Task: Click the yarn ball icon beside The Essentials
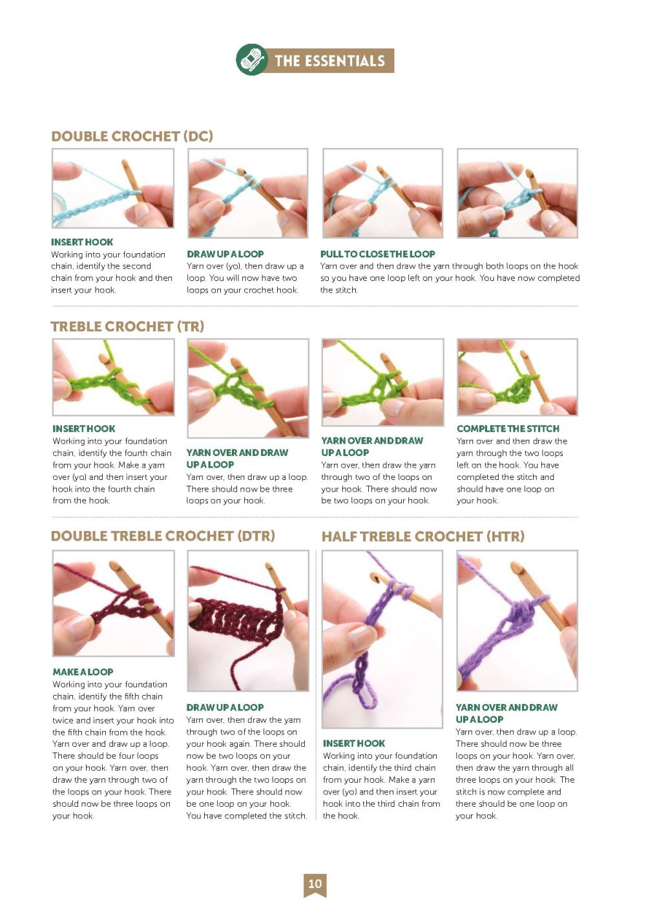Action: (x=251, y=60)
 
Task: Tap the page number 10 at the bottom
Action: (x=315, y=884)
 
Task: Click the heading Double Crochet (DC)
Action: (x=132, y=136)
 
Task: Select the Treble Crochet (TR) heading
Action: (x=127, y=326)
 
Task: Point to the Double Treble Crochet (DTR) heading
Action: (x=163, y=535)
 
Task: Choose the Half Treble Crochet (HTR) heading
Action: (x=422, y=536)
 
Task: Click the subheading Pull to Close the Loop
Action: (x=377, y=254)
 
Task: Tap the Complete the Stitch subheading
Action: (x=508, y=428)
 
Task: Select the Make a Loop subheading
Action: (x=83, y=672)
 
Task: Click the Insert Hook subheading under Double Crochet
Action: (x=82, y=242)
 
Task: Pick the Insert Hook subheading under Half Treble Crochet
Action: (x=354, y=743)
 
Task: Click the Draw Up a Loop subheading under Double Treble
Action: (x=225, y=707)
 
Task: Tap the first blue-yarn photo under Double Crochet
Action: (x=112, y=188)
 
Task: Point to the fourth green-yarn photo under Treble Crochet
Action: (x=517, y=377)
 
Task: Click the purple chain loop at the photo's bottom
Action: (x=370, y=694)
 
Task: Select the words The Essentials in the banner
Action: (x=329, y=61)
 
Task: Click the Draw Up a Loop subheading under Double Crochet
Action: (x=225, y=254)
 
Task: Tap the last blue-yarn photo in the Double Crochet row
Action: (x=517, y=193)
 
